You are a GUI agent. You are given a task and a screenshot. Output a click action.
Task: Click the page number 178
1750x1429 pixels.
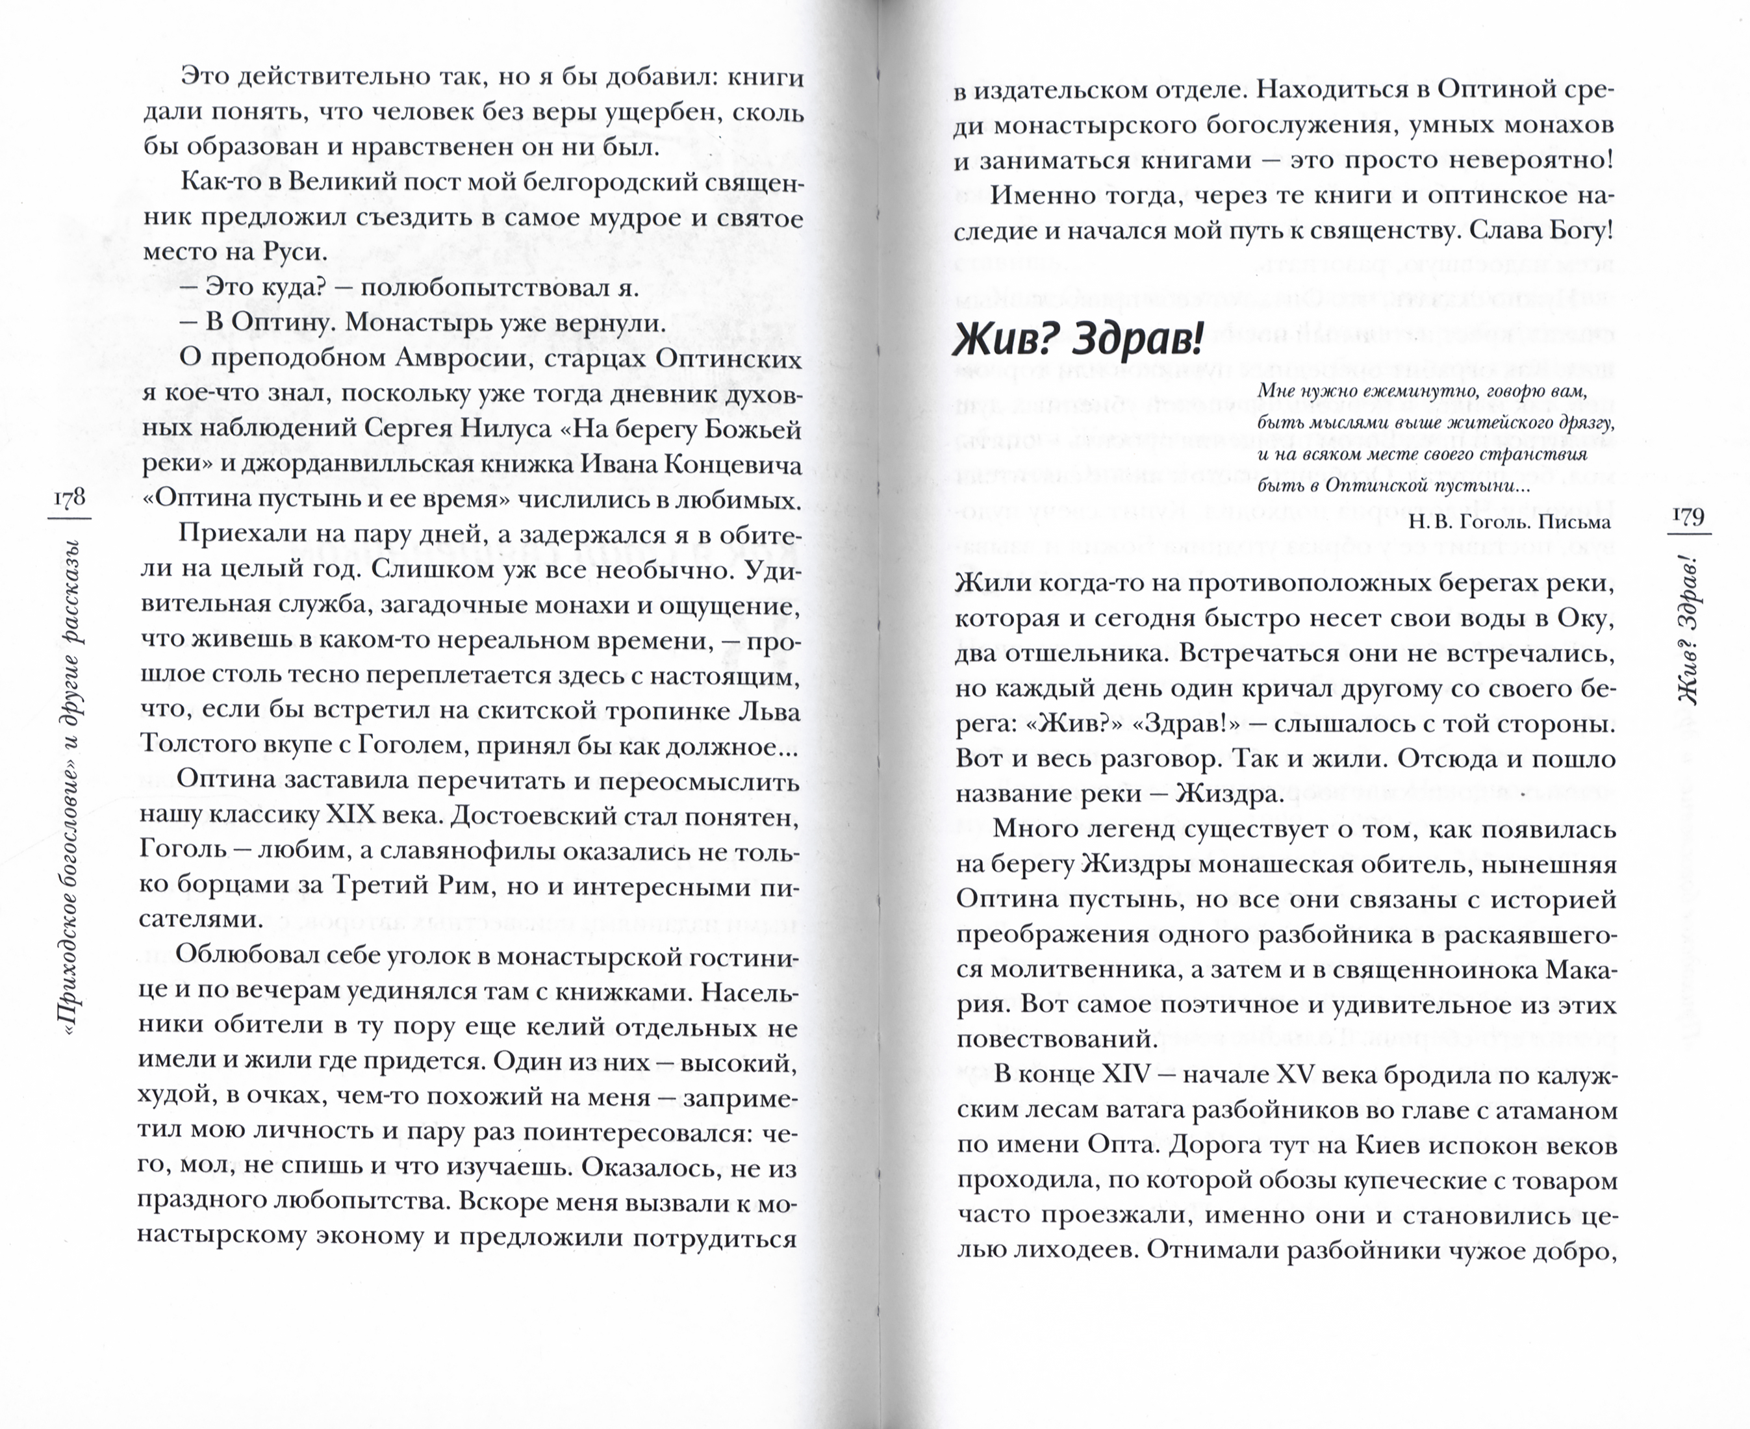click(69, 498)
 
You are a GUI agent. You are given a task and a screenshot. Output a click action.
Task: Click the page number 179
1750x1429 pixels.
click(1688, 516)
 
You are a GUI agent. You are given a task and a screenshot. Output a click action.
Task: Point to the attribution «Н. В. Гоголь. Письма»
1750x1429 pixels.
click(1509, 521)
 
